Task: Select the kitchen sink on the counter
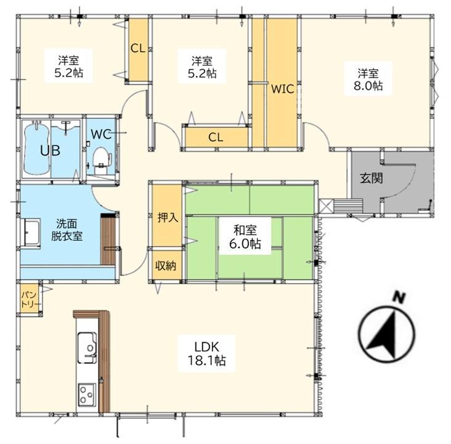coord(87,347)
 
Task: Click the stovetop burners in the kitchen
coord(86,394)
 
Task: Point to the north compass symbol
coord(387,334)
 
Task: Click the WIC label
coord(282,89)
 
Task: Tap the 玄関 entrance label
coord(372,178)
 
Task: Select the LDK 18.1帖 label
coord(206,353)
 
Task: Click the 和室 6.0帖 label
coord(245,237)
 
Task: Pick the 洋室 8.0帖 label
coord(368,80)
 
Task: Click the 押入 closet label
coord(168,218)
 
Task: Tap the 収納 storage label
coord(166,266)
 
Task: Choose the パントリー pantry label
coord(29,299)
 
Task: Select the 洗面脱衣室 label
coord(67,229)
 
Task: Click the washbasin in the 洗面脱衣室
coord(30,232)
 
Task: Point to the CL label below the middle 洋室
coord(216,138)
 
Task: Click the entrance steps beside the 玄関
coord(347,206)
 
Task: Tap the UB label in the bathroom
coord(50,150)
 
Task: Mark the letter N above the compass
coord(399,297)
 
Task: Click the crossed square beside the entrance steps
coord(326,206)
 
